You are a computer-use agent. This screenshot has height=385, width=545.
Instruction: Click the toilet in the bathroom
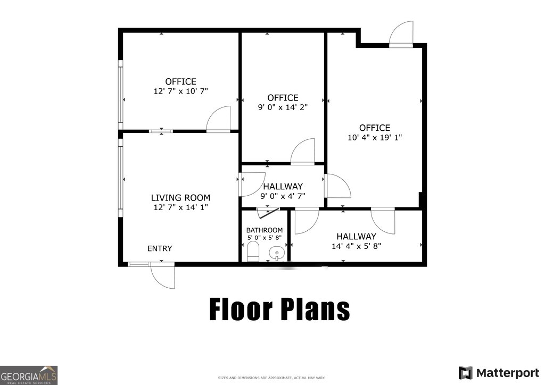coord(253,252)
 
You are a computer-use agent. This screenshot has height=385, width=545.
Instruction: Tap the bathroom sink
coord(277,252)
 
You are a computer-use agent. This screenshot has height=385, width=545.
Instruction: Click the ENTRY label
coord(160,248)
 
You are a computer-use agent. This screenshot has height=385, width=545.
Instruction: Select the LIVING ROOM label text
coord(180,198)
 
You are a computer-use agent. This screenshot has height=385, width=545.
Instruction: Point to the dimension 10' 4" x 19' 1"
coord(375,138)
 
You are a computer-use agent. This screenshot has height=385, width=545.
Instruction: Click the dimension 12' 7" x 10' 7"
coord(181,91)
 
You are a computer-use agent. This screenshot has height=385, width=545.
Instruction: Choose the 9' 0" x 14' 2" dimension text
coord(283,107)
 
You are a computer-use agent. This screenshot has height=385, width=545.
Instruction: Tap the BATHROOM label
coord(265,230)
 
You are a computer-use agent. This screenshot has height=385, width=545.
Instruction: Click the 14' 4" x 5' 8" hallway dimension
coord(356,246)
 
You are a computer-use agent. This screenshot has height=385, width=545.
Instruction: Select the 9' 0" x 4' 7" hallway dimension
coord(283,196)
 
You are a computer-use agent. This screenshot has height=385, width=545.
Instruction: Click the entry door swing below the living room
coord(163,275)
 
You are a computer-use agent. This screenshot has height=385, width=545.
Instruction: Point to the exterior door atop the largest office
coord(401,34)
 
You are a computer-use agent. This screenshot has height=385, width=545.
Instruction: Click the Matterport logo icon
coord(465,373)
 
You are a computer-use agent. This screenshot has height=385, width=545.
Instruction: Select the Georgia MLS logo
coord(29,375)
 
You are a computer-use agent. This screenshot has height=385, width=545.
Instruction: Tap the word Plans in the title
coord(315,309)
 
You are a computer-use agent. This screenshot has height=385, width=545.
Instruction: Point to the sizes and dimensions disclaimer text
coord(271,378)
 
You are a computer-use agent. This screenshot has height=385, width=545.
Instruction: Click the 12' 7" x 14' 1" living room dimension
coord(181,207)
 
